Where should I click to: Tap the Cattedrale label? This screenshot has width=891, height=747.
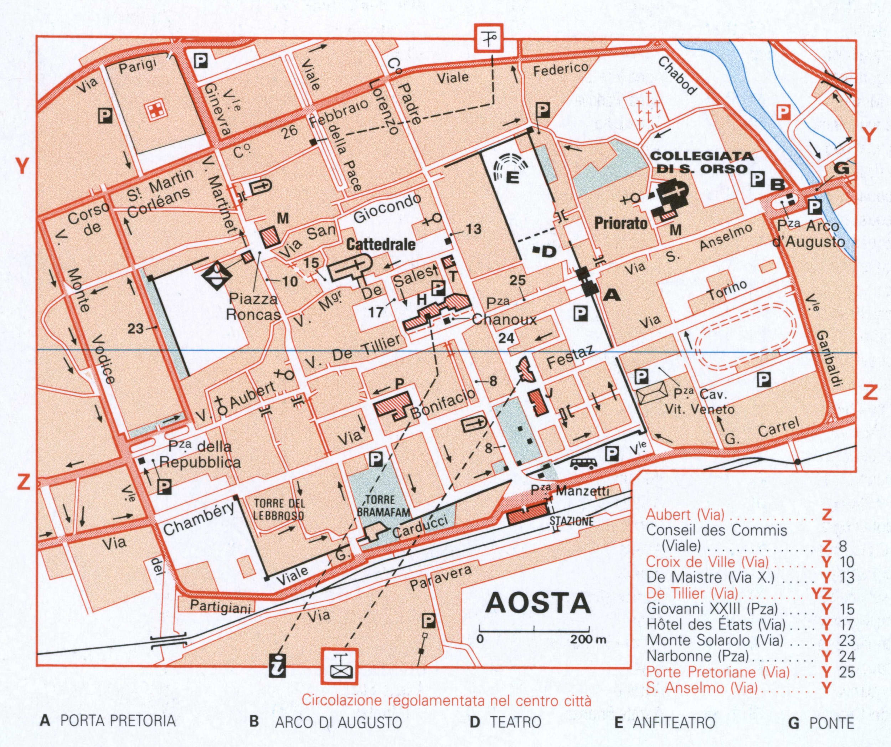point(381,245)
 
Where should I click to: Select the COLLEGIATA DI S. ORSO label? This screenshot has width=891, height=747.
point(702,163)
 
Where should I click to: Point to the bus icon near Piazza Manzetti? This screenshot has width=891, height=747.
point(584,463)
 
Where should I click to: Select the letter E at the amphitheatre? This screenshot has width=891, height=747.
point(512,177)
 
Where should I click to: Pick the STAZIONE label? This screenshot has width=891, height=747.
point(571,521)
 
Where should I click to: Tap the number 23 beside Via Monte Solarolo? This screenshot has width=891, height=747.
point(135,328)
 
